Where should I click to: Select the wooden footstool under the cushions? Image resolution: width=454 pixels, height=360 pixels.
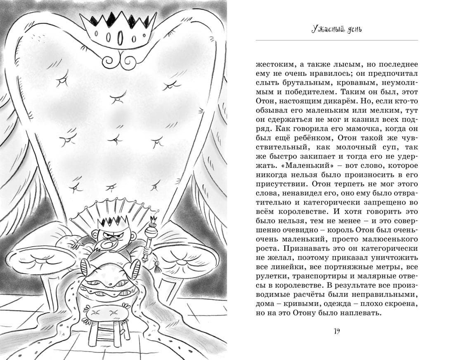(106, 326)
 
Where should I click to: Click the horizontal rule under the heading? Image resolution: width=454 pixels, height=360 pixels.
(336, 40)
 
